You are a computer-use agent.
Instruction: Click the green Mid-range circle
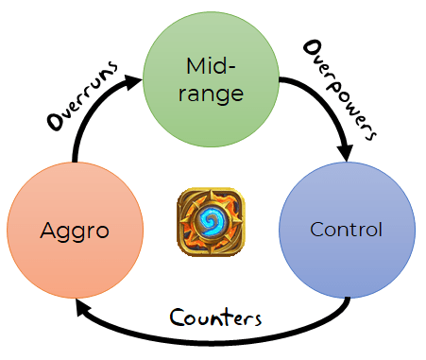click(x=211, y=79)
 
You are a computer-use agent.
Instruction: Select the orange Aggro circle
click(x=75, y=230)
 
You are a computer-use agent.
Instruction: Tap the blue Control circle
click(x=347, y=230)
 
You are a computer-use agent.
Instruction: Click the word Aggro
click(x=75, y=231)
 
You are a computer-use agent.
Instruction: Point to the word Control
click(x=346, y=230)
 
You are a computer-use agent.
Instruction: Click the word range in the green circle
click(x=211, y=94)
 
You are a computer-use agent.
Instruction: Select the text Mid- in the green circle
click(x=211, y=66)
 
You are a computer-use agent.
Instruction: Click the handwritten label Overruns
click(x=82, y=95)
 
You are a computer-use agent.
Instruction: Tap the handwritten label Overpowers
click(x=340, y=90)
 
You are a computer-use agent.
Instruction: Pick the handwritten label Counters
click(x=215, y=317)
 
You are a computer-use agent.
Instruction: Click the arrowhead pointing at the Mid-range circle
click(x=133, y=82)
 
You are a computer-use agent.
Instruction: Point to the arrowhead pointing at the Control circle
click(x=346, y=153)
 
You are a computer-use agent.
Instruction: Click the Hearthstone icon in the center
click(x=211, y=222)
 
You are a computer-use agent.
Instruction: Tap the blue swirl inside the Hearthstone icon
click(x=211, y=221)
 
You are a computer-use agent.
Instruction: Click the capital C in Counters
click(x=178, y=317)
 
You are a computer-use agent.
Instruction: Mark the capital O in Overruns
click(x=56, y=121)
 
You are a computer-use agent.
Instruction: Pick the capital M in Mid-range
click(x=196, y=66)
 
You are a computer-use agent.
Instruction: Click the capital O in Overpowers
click(x=313, y=49)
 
